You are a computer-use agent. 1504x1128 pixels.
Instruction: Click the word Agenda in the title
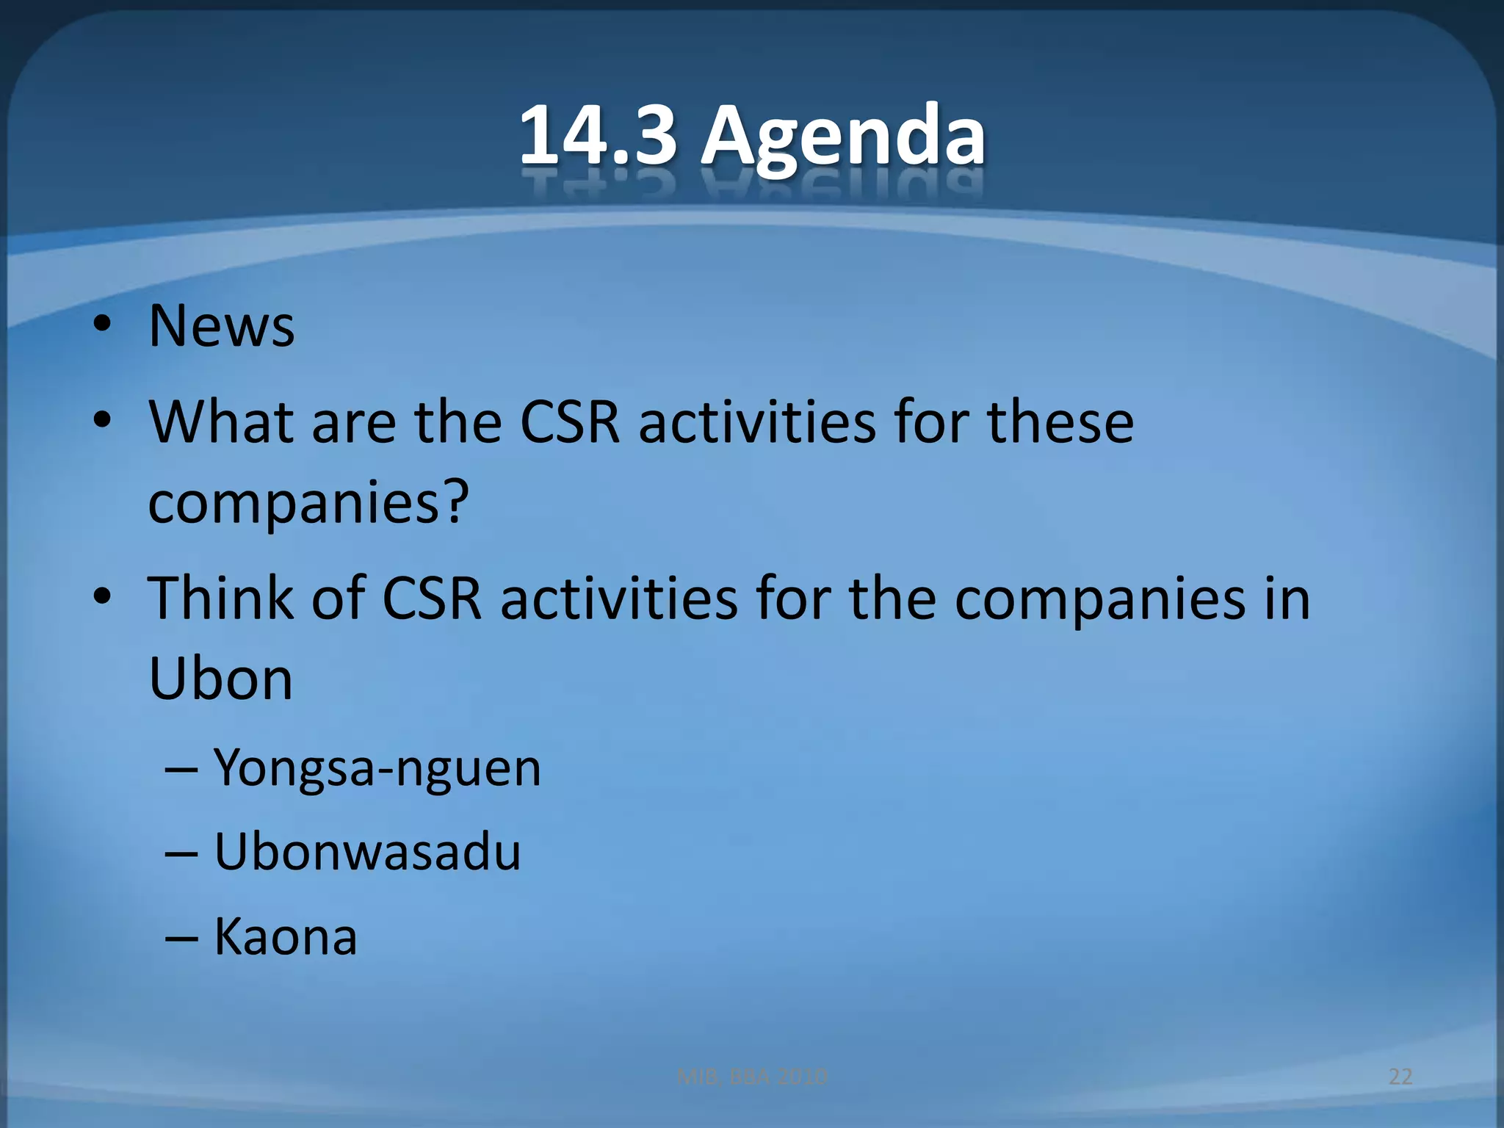click(x=842, y=136)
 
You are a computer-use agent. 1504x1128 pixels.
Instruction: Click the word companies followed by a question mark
click(x=294, y=502)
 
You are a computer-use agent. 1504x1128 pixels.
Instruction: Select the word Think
click(x=220, y=598)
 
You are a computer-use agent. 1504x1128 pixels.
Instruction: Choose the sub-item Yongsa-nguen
click(x=377, y=768)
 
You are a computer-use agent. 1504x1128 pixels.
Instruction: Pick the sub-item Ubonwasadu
click(x=367, y=852)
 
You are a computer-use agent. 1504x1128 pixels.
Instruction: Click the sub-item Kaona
click(x=286, y=937)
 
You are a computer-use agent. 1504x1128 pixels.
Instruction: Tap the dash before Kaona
click(x=181, y=939)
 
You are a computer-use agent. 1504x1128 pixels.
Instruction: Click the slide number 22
click(x=1400, y=1077)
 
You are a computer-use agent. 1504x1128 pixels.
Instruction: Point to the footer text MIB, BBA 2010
click(x=752, y=1077)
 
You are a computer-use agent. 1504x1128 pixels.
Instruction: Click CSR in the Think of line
click(x=432, y=598)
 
